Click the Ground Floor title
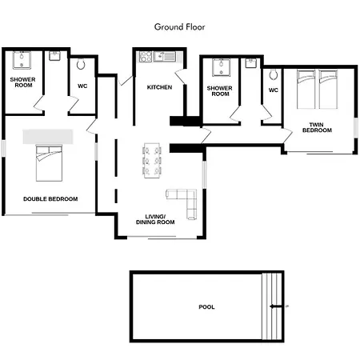180,27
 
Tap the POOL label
206,307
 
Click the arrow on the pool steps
276,306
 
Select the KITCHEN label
159,87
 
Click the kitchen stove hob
146,57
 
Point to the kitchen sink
165,57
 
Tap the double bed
49,163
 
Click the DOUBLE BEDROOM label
50,199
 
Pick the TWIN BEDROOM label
317,127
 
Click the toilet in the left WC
81,64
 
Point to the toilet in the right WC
274,74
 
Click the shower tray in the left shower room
22,60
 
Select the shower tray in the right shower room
221,67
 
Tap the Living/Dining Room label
155,219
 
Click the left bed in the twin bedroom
306,90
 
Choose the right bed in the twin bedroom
328,90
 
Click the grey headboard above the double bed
48,137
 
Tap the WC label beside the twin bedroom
274,90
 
